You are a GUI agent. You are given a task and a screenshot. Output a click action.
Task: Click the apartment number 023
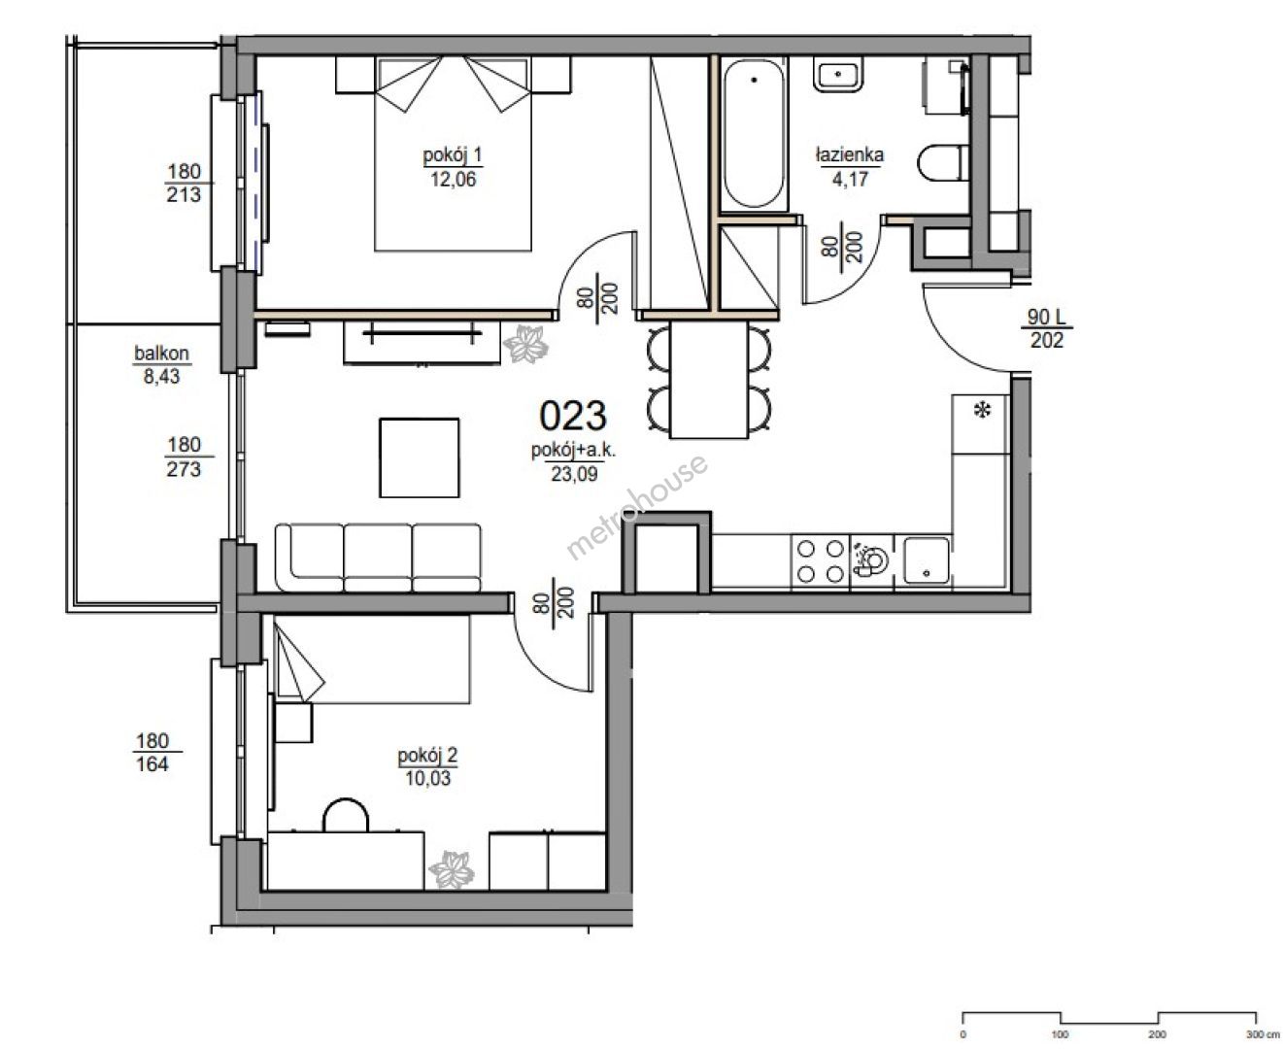coord(572,416)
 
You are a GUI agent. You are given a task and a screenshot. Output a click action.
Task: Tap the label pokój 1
coord(453,155)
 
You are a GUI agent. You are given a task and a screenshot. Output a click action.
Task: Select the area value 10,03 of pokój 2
coord(427,778)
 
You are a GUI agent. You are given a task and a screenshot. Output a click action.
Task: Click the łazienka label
coord(849,154)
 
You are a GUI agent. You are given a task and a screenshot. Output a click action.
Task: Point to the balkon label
coord(162,353)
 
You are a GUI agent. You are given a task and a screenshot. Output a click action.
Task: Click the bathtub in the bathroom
coord(754,134)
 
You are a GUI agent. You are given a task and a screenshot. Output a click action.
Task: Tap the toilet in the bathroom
coord(942,162)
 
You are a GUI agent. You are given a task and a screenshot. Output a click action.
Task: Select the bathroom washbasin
coord(838,75)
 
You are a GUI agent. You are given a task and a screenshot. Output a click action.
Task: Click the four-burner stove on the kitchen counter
coord(820,561)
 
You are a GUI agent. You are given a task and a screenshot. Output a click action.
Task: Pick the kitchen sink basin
coord(926,560)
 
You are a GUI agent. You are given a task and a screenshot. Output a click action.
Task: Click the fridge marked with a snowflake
coord(981,424)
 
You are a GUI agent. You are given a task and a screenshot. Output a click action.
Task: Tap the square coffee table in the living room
coord(420,457)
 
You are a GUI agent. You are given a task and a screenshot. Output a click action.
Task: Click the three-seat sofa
coord(378,558)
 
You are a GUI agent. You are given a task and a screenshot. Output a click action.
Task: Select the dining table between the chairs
coord(708,380)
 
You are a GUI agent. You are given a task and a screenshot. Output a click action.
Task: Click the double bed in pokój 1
coord(453,153)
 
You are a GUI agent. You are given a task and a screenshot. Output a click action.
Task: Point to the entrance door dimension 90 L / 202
coord(1046,328)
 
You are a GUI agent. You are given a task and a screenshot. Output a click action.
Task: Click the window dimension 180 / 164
coord(152,752)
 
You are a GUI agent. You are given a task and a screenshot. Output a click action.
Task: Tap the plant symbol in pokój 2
coord(452,869)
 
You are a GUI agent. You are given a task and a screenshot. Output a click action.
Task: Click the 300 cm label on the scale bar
coord(1263,1033)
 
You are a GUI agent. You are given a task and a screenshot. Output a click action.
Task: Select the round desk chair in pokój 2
coord(346,815)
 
